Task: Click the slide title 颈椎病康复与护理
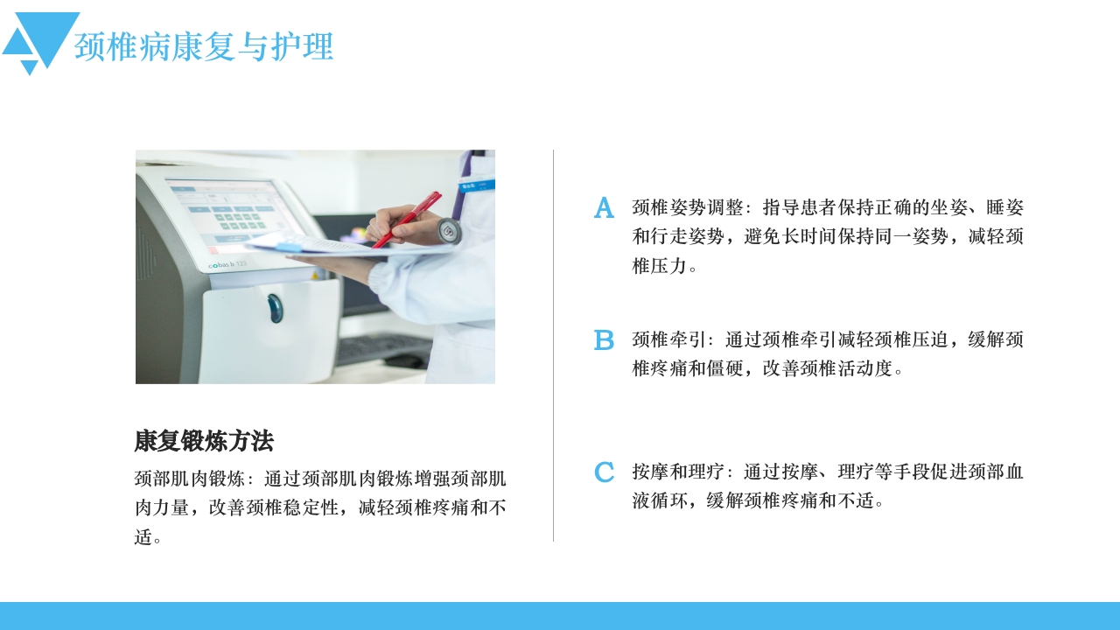pyautogui.click(x=204, y=47)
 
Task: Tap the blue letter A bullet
pyautogui.click(x=604, y=208)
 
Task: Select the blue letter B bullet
pyautogui.click(x=604, y=340)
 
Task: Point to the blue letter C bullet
pyautogui.click(x=604, y=472)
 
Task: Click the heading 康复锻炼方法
pyautogui.click(x=204, y=441)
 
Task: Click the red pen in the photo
pyautogui.click(x=407, y=220)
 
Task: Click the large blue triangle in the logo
pyautogui.click(x=49, y=35)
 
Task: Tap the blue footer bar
pyautogui.click(x=560, y=616)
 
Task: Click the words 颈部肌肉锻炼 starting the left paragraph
pyautogui.click(x=189, y=479)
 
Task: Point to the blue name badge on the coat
pyautogui.click(x=479, y=185)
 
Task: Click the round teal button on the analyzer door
pyautogui.click(x=276, y=308)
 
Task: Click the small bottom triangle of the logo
pyautogui.click(x=30, y=66)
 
